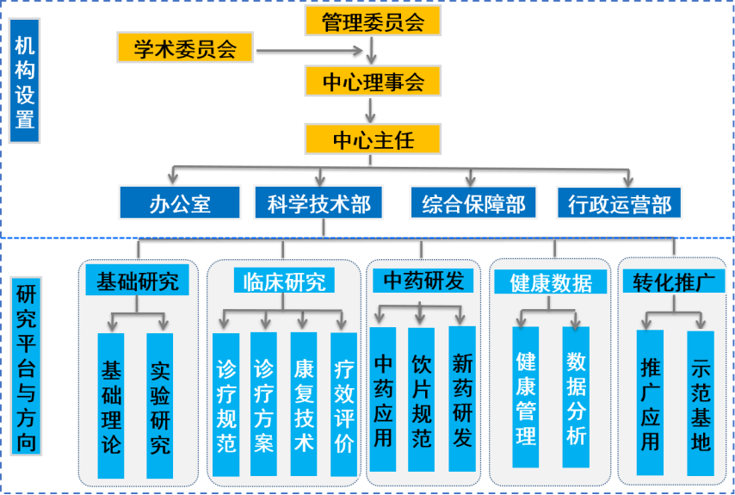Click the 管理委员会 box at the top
[373, 22]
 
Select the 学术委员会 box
[185, 49]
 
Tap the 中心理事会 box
[373, 82]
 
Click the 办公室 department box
[179, 204]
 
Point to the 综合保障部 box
[472, 204]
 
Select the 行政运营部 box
[619, 204]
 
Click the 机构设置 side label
[24, 82]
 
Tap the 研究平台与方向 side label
[25, 366]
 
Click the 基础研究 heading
[137, 282]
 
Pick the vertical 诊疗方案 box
[263, 405]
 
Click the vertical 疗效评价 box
[343, 405]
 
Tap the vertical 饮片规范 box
[421, 399]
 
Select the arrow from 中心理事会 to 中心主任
[371, 109]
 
